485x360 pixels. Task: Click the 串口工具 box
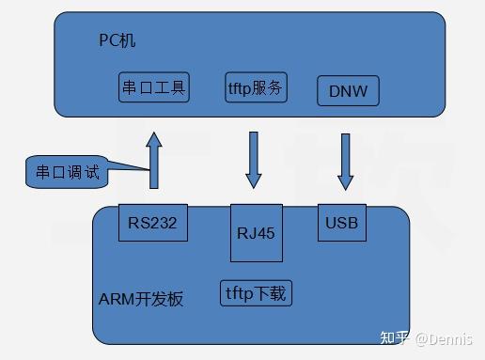click(x=155, y=88)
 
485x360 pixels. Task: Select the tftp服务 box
click(x=256, y=87)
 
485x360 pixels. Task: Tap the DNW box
click(x=348, y=91)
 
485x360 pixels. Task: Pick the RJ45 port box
click(x=254, y=232)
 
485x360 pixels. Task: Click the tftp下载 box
click(x=255, y=292)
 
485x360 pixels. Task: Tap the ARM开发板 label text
click(x=140, y=299)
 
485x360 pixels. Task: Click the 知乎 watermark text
click(x=393, y=338)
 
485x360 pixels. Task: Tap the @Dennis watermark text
click(x=446, y=338)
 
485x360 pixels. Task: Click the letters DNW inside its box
click(x=348, y=92)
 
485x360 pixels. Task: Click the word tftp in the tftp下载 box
click(x=240, y=292)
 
